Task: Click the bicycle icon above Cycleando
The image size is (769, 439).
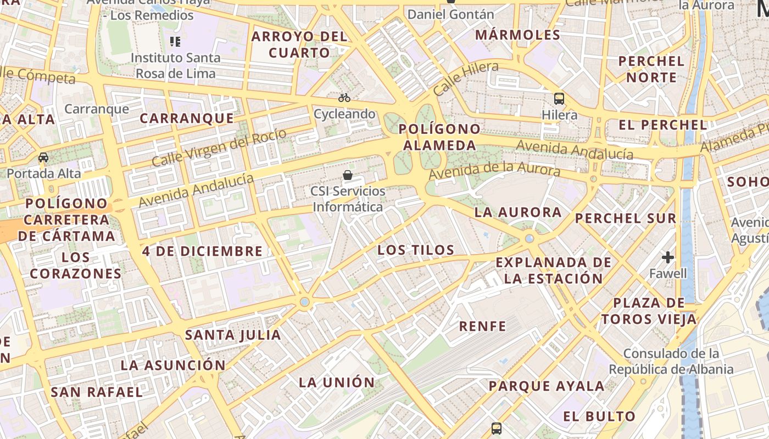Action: click(344, 98)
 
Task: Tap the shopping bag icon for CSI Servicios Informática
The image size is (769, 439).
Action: click(347, 175)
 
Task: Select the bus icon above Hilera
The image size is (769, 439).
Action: click(559, 99)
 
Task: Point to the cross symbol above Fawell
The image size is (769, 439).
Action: click(668, 257)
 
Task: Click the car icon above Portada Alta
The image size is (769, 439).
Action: click(43, 157)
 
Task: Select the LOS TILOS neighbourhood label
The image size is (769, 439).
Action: click(416, 250)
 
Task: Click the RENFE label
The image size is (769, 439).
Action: click(482, 326)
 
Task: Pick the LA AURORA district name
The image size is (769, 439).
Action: click(518, 212)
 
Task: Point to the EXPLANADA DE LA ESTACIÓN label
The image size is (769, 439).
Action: click(554, 270)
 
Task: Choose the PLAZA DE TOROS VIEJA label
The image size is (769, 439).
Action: click(649, 311)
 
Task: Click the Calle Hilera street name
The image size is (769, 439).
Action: click(465, 79)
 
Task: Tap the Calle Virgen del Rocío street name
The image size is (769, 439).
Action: click(219, 147)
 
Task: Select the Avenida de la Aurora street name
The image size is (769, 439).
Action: click(494, 171)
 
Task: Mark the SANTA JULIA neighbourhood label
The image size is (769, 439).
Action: click(233, 335)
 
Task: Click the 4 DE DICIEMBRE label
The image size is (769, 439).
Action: click(203, 251)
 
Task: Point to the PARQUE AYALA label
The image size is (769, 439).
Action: click(547, 386)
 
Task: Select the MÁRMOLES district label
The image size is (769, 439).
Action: click(517, 35)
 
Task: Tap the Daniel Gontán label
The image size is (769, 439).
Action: click(451, 14)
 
